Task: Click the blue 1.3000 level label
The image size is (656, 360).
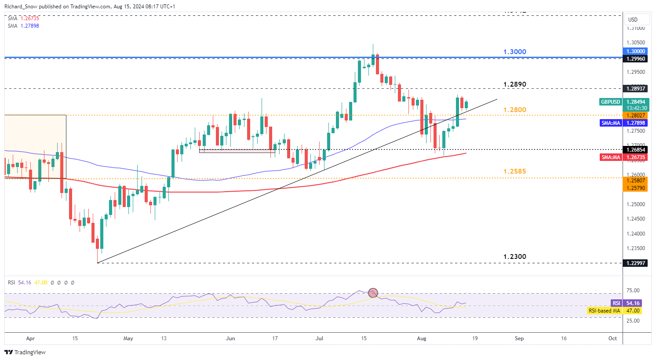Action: click(x=514, y=52)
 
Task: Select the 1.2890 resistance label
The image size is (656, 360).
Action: click(x=514, y=84)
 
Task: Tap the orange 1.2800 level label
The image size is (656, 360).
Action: click(x=514, y=110)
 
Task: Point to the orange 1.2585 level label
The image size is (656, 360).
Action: click(x=514, y=171)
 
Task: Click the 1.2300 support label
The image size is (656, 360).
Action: click(x=514, y=257)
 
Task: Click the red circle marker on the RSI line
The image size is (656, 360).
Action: click(x=373, y=292)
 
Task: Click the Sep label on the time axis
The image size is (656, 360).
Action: click(x=519, y=338)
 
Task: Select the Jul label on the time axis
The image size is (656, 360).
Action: click(x=320, y=338)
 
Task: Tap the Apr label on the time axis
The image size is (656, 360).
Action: click(x=30, y=338)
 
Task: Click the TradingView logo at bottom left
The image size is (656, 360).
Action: click(x=25, y=352)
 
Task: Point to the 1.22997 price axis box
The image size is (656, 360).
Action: click(x=635, y=263)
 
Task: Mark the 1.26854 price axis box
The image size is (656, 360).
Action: click(x=635, y=150)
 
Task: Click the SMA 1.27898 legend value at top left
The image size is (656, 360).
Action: click(x=29, y=26)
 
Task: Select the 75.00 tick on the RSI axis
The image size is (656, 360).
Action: click(x=633, y=291)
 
